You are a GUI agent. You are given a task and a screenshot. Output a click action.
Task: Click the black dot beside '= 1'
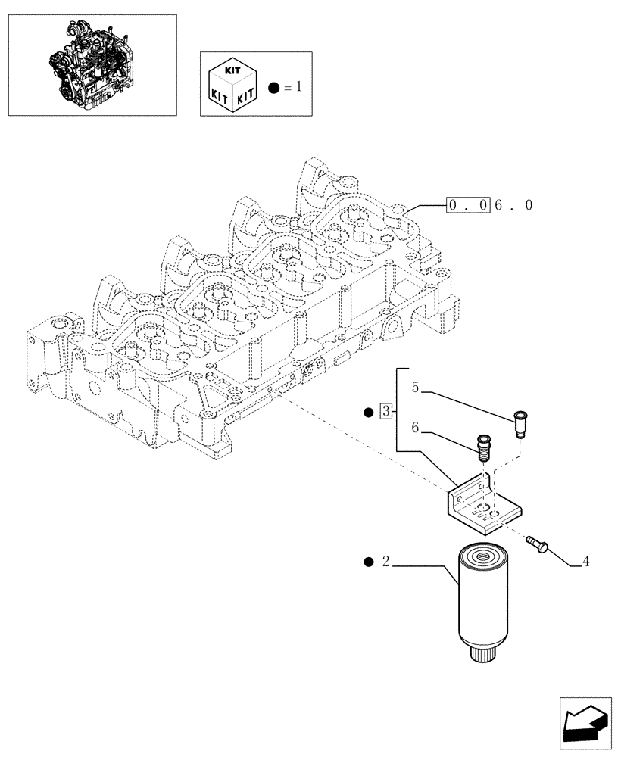coord(273,89)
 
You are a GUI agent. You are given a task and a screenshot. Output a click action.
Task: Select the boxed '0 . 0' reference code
coord(469,205)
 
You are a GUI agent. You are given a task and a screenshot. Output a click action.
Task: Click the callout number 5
coord(416,387)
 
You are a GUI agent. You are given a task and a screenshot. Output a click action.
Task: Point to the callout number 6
coord(416,428)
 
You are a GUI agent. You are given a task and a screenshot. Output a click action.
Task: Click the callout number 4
coord(586,562)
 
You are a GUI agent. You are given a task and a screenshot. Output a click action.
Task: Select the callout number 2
coord(385,562)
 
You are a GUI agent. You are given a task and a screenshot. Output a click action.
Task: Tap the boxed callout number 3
coord(386,413)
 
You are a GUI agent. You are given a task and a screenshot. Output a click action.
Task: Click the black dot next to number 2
coord(368,562)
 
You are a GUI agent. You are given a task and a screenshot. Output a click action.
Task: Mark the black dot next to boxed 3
coord(369,413)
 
